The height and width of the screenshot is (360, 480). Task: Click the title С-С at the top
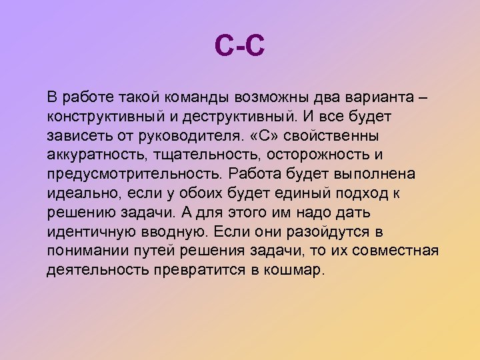coord(240,47)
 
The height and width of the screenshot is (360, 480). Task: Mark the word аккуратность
coord(91,155)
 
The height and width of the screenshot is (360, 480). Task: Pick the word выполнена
coord(375,175)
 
